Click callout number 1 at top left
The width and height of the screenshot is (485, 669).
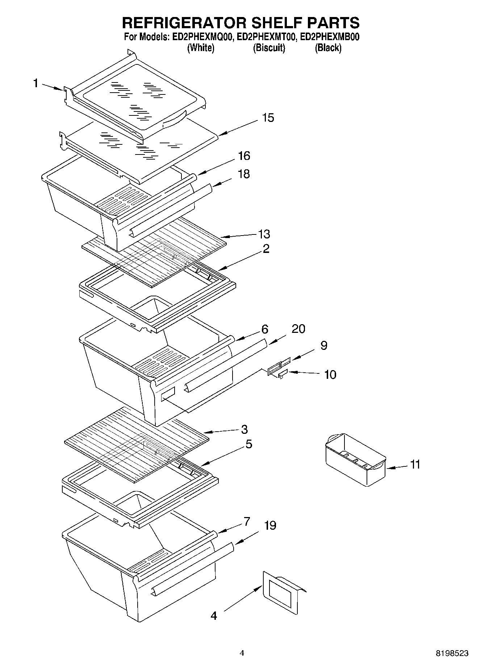tap(35, 84)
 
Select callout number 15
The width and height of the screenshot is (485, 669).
tap(268, 118)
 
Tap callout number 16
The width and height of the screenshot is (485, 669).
tap(244, 156)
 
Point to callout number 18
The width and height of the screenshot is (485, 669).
tap(244, 174)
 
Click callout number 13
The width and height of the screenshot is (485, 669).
tap(264, 234)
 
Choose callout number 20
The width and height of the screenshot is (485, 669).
tap(298, 329)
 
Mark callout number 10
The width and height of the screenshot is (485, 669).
tap(330, 374)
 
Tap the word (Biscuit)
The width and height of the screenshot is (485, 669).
tap(269, 48)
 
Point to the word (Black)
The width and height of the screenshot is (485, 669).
tap(328, 48)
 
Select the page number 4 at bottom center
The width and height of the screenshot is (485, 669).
tap(242, 653)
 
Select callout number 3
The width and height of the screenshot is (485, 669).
tap(244, 429)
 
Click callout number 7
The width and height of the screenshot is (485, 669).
tap(247, 521)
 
